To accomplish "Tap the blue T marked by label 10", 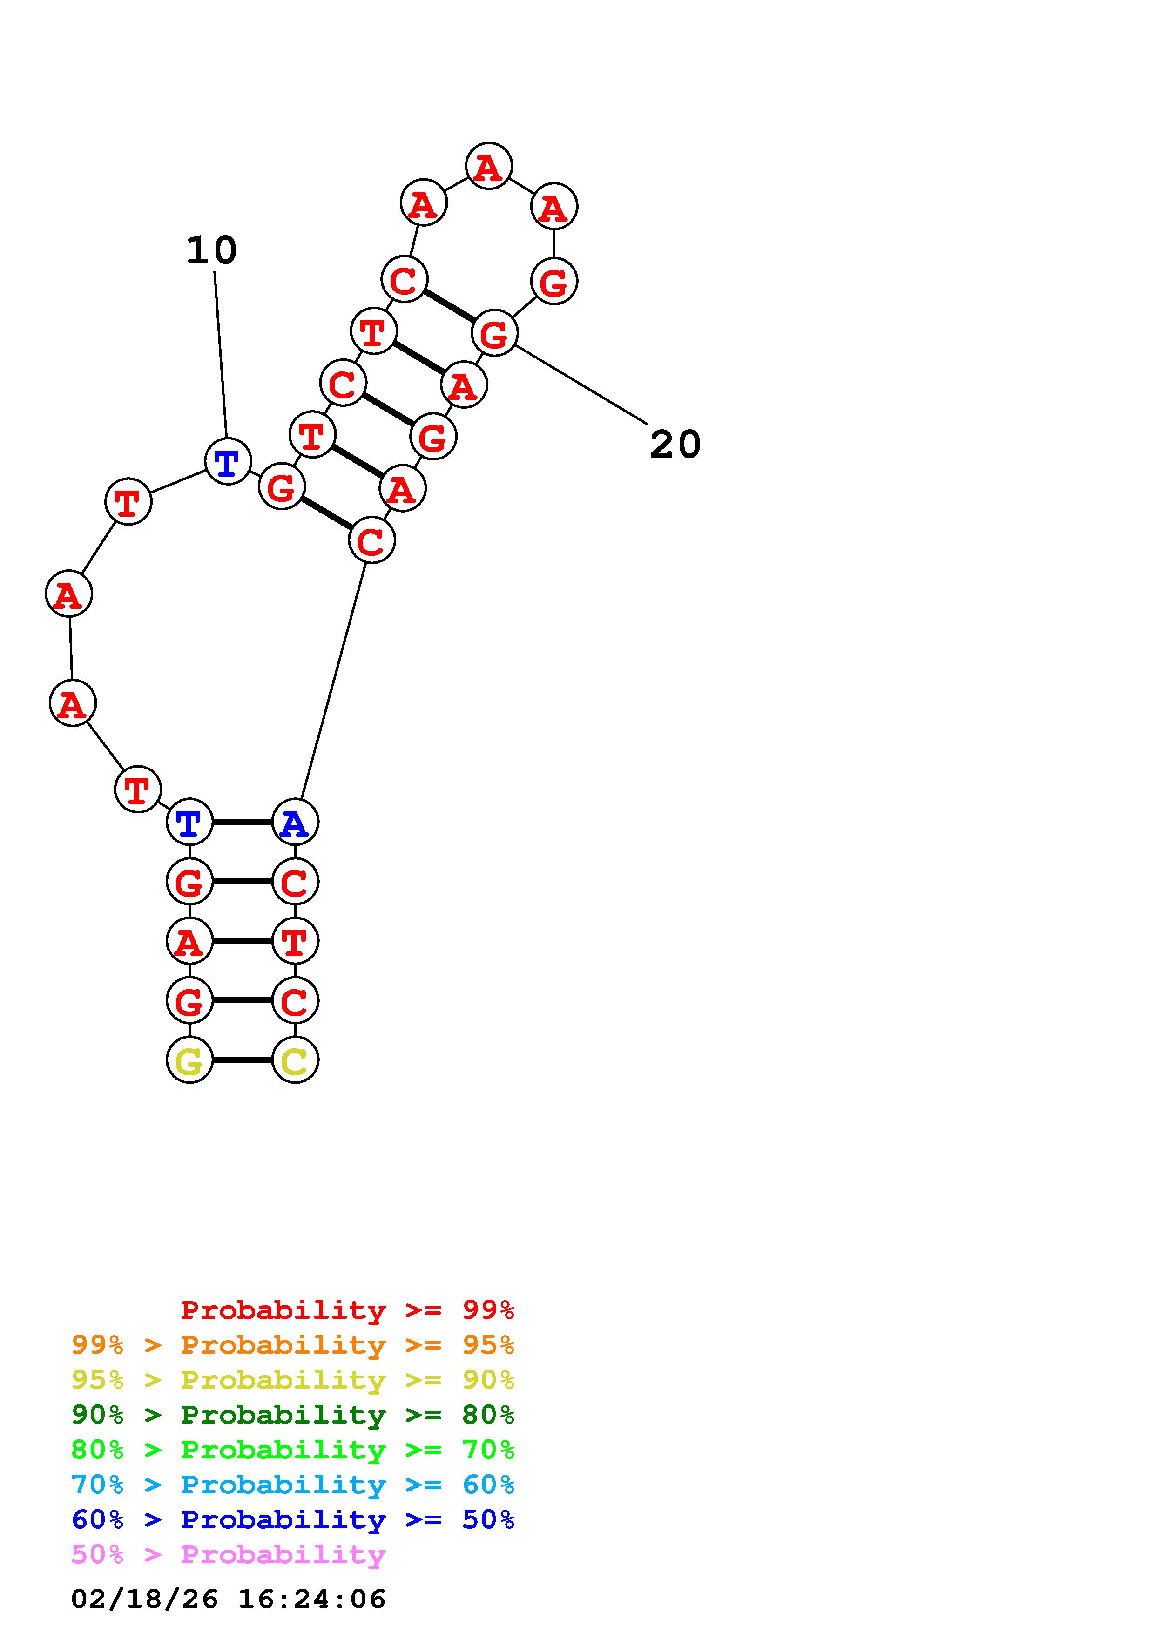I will click(228, 462).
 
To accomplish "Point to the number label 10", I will click(211, 250).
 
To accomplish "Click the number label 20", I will click(675, 445).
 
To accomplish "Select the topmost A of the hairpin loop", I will click(488, 167).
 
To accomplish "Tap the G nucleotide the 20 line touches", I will click(494, 333).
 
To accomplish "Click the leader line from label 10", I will click(220, 356).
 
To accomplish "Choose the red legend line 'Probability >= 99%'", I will click(347, 1310).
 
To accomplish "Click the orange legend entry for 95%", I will click(293, 1345).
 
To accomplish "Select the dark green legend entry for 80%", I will click(293, 1415).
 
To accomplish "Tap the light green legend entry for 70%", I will click(293, 1450).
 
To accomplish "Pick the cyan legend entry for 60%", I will click(293, 1485).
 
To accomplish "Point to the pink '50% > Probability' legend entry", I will click(228, 1554).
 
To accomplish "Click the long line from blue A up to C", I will click(333, 682).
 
